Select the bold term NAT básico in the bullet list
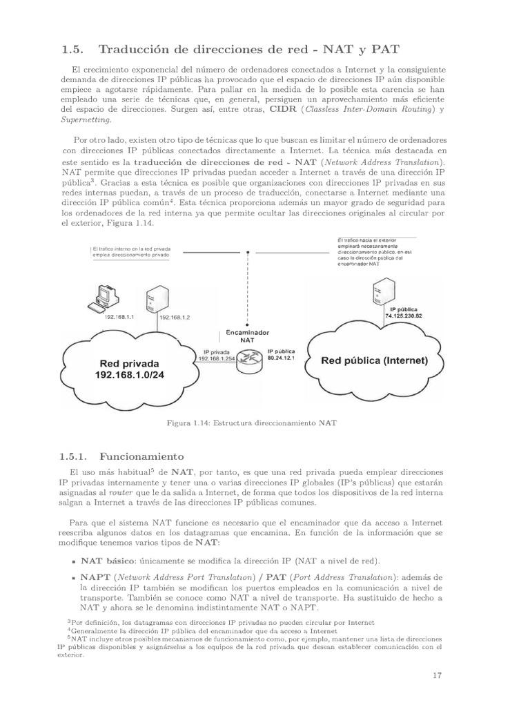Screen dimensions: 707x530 (108, 561)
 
